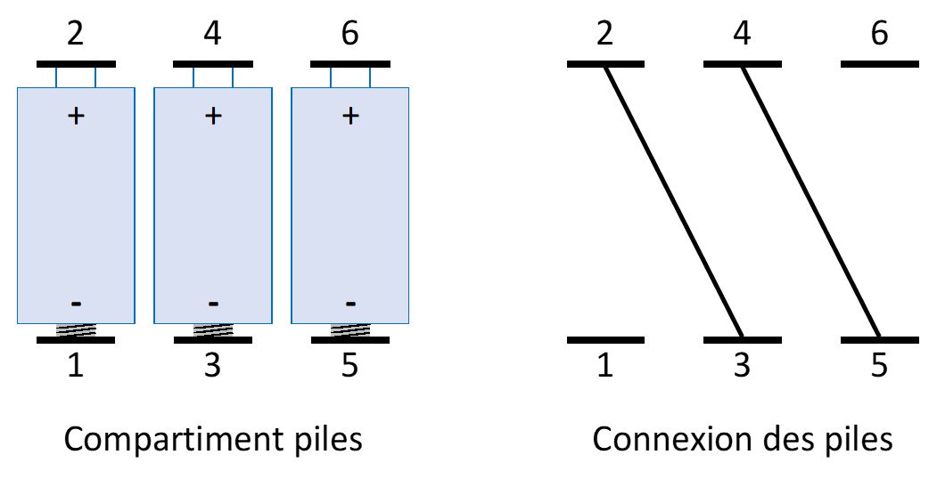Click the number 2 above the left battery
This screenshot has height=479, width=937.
coord(76,35)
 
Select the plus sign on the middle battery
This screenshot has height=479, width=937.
coord(213,116)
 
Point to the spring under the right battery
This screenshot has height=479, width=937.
coord(349,330)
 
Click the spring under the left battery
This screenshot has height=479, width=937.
coord(76,330)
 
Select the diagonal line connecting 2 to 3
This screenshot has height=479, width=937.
coord(674,201)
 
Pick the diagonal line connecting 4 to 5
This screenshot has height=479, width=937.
coord(811,201)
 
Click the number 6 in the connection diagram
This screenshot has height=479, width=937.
coord(879,35)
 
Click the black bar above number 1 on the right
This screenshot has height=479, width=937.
coord(605,339)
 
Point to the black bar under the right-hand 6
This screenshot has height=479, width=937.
coord(879,64)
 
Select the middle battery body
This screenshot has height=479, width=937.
coord(213,205)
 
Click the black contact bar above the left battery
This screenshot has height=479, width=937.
coord(76,64)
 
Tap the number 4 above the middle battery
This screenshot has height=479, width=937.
coord(213,35)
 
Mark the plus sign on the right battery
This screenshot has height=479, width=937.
coord(350,116)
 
